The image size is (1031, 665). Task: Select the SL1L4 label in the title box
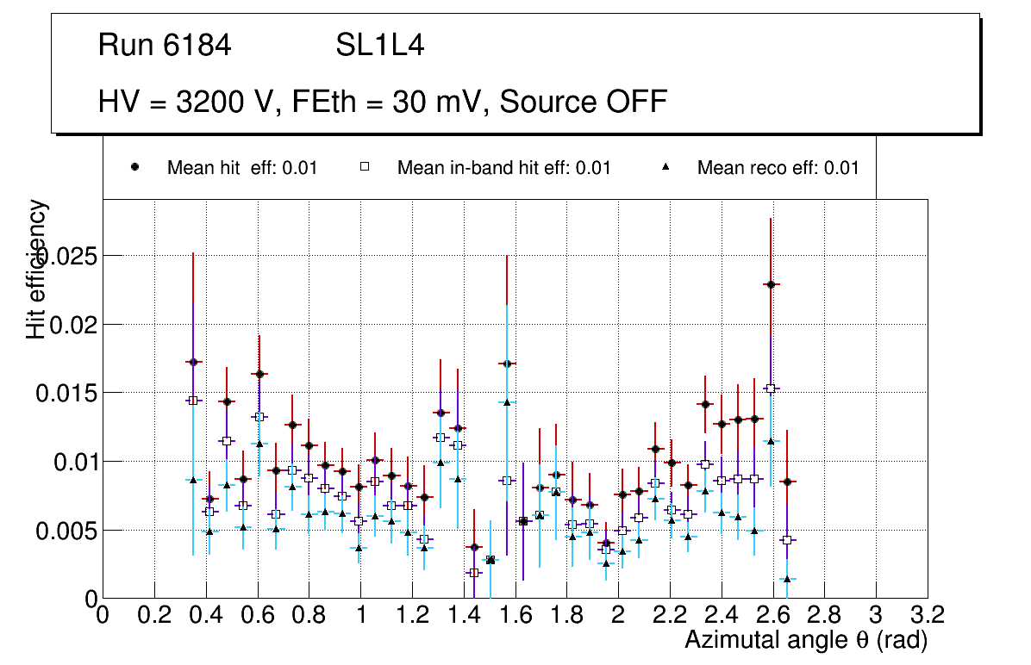click(x=379, y=46)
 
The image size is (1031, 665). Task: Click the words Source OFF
click(x=584, y=102)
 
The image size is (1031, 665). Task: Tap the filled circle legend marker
click(x=135, y=168)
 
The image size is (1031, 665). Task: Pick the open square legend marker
click(x=364, y=168)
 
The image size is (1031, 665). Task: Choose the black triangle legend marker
click(x=665, y=168)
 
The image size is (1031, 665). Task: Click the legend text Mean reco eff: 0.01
click(x=778, y=168)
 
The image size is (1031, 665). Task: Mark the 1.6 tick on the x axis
click(x=515, y=615)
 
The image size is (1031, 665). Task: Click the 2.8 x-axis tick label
click(x=824, y=615)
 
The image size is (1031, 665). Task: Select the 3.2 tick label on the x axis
click(x=928, y=615)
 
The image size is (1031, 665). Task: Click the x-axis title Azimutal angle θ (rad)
click(x=805, y=641)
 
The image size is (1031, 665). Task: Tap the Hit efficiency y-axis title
click(x=36, y=269)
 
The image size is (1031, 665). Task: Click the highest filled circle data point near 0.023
click(x=771, y=284)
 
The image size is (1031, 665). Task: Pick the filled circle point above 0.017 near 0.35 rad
click(x=193, y=362)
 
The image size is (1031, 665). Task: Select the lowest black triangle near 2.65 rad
click(x=787, y=579)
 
